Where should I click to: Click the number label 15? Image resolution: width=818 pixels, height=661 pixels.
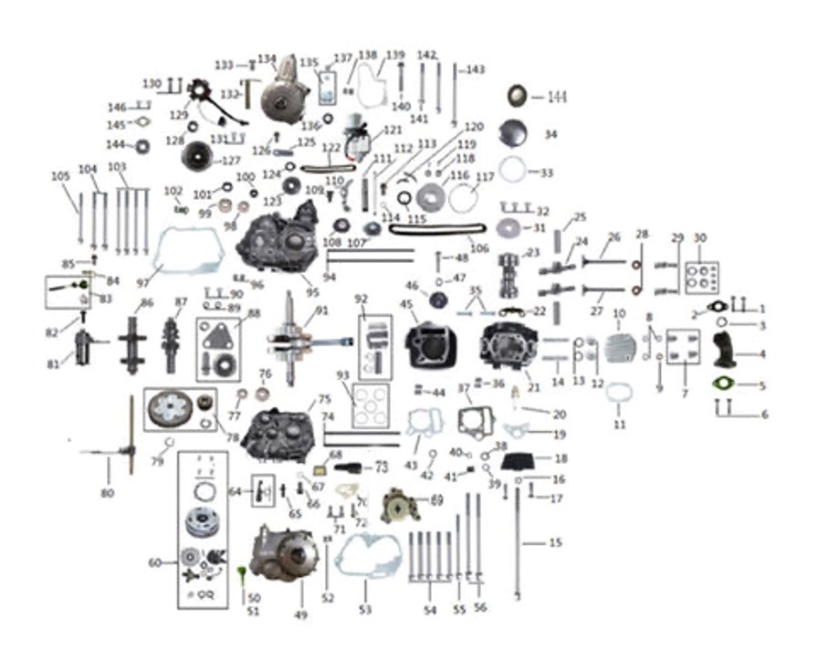(555, 543)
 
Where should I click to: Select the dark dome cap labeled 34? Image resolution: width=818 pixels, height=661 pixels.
(513, 133)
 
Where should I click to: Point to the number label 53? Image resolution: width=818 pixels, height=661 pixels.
(365, 606)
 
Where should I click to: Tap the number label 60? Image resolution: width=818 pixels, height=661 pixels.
(154, 563)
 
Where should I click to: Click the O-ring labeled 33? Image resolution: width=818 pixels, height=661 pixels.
(515, 171)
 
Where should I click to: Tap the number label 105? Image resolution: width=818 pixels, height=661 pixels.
(60, 176)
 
